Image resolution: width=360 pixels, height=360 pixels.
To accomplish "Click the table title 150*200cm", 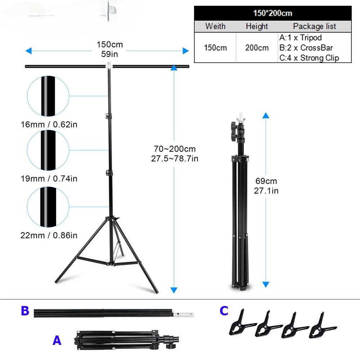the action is pyautogui.click(x=273, y=13).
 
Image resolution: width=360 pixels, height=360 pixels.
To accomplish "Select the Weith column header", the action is pyautogui.click(x=215, y=26).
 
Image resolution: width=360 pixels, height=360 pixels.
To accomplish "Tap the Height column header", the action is pyautogui.click(x=257, y=26).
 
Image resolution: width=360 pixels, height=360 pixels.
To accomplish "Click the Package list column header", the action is pyautogui.click(x=314, y=26).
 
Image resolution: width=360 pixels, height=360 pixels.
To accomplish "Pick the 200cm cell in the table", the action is pyautogui.click(x=257, y=48).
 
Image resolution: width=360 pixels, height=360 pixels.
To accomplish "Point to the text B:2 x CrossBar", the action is pyautogui.click(x=306, y=48).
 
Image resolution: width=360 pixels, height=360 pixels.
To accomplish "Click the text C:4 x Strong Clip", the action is pyautogui.click(x=309, y=58).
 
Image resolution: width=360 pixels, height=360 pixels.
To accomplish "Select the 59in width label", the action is pyautogui.click(x=109, y=54).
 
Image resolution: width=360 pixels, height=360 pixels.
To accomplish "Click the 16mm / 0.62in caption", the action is pyautogui.click(x=49, y=125).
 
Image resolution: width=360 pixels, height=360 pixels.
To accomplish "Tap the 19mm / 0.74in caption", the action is pyautogui.click(x=49, y=179).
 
